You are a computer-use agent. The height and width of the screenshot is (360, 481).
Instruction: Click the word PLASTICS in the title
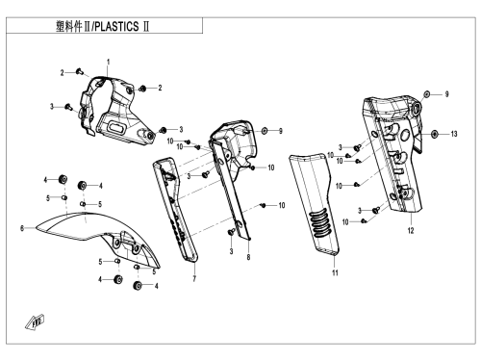tap(117, 27)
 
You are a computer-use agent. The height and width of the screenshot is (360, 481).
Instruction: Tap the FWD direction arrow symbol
tap(35, 322)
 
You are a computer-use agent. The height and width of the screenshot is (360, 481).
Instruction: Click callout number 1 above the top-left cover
tap(109, 62)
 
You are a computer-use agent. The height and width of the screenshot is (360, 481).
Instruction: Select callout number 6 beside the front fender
tap(22, 228)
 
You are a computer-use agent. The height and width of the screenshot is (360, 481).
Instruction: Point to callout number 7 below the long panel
tap(194, 279)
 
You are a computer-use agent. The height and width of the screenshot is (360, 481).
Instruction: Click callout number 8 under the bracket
tap(248, 257)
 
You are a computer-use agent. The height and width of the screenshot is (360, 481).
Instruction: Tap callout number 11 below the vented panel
tap(335, 272)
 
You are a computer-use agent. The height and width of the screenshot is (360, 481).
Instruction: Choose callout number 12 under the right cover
tap(411, 230)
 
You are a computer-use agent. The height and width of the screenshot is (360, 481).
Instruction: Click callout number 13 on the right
tap(454, 134)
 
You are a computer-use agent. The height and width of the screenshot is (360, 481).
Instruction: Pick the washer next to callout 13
tap(435, 134)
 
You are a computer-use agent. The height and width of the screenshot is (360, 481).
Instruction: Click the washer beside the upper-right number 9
tap(427, 94)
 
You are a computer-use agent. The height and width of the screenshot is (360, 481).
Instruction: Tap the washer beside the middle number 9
tap(265, 131)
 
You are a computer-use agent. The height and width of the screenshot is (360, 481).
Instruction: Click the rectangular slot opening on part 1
tap(116, 127)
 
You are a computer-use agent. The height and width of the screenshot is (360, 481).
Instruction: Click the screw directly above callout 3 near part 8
tap(231, 232)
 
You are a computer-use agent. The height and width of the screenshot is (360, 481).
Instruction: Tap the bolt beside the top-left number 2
tap(80, 71)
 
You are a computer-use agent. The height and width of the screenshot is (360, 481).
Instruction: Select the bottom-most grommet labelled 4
tap(138, 285)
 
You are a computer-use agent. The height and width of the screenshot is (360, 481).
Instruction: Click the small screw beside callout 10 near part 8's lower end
tap(264, 205)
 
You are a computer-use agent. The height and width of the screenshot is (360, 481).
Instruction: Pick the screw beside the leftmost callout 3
tap(68, 107)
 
